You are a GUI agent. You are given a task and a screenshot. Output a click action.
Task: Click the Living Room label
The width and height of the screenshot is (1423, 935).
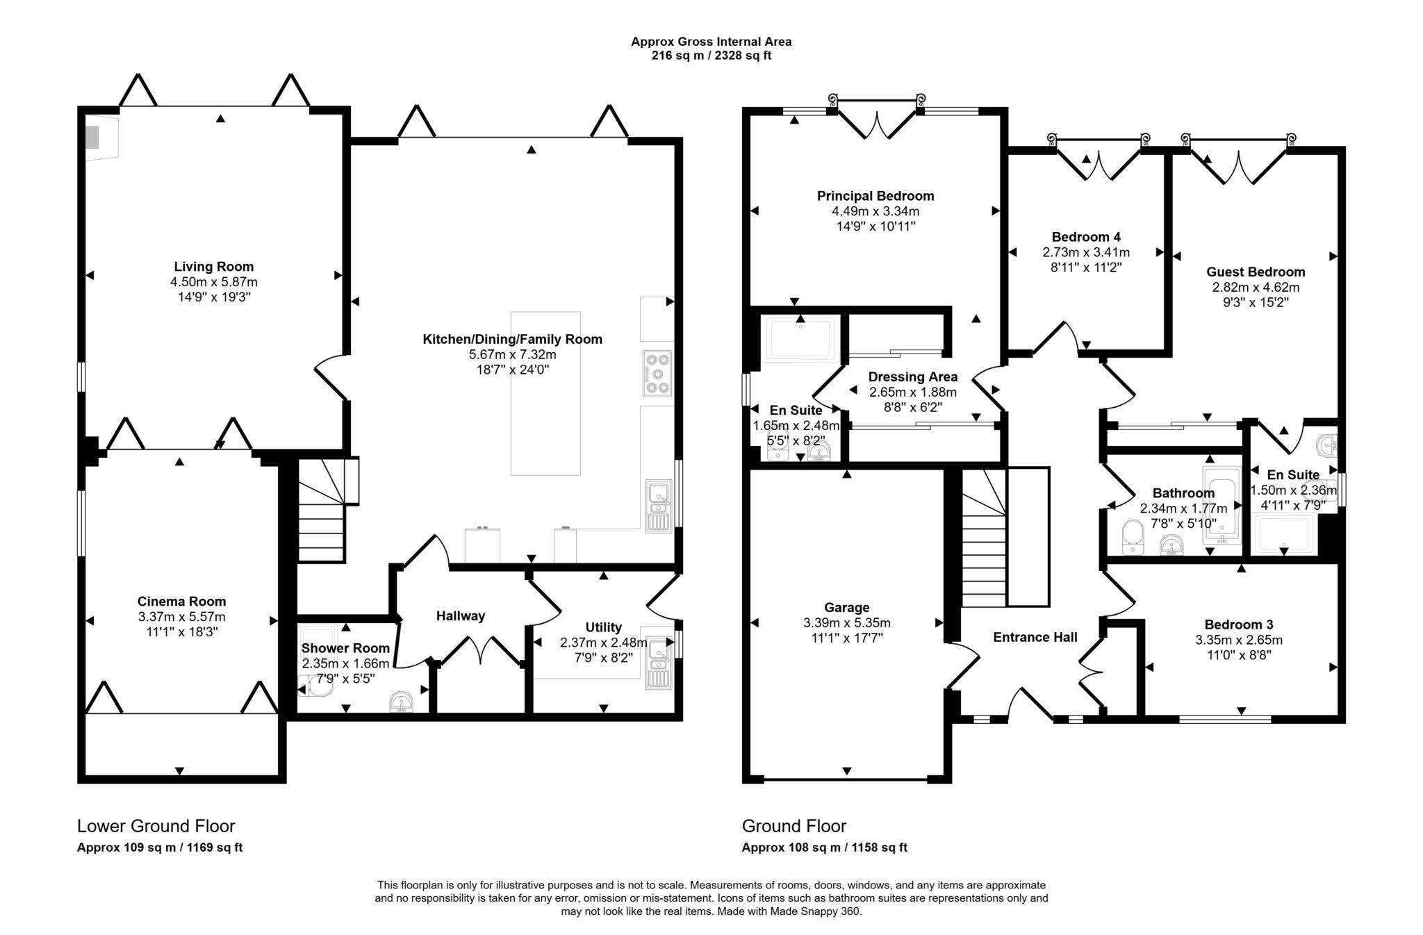pyautogui.click(x=213, y=267)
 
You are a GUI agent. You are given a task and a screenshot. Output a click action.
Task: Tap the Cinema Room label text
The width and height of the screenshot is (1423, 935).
pyautogui.click(x=181, y=602)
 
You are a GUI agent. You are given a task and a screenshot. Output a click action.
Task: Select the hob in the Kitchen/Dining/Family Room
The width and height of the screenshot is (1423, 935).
pyautogui.click(x=657, y=374)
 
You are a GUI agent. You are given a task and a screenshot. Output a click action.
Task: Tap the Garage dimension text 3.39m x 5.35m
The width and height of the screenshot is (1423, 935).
pyautogui.click(x=846, y=623)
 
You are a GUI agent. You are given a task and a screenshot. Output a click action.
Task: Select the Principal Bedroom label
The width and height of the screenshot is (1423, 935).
pyautogui.click(x=875, y=196)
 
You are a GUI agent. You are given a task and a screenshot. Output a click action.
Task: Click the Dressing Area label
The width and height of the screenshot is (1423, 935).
pyautogui.click(x=912, y=377)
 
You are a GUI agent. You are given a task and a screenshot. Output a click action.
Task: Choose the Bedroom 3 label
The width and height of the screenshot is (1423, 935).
pyautogui.click(x=1238, y=624)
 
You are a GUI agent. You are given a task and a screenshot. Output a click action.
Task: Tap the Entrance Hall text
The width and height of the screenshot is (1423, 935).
pyautogui.click(x=1035, y=638)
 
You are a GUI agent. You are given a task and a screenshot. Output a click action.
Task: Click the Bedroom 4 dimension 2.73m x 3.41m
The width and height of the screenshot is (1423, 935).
pyautogui.click(x=1085, y=252)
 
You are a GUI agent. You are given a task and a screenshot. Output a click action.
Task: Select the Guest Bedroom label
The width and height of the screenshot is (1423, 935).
pyautogui.click(x=1255, y=272)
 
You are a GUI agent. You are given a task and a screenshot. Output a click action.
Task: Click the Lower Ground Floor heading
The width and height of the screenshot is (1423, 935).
pyautogui.click(x=156, y=826)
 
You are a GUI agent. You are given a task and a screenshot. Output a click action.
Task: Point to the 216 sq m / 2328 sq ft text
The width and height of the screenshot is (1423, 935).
pyautogui.click(x=711, y=56)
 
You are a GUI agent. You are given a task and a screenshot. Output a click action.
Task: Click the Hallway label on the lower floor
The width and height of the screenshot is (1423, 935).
pyautogui.click(x=460, y=616)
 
